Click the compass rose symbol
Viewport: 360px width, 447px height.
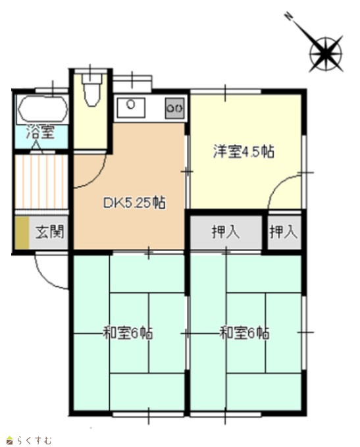[x=326, y=54]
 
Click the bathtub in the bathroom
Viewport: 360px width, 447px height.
[x=43, y=109]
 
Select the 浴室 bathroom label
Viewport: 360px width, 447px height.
[x=40, y=132]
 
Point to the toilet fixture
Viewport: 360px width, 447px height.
[x=91, y=88]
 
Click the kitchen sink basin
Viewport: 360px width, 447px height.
[x=131, y=107]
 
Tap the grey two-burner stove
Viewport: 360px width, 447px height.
[x=175, y=108]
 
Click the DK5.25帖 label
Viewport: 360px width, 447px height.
[x=134, y=203]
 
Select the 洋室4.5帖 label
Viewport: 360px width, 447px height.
[x=244, y=151]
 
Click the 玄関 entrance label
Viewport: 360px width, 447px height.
[x=49, y=232]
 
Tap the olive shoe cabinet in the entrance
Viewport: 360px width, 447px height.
[x=22, y=232]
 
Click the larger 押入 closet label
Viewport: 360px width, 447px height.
[x=226, y=232]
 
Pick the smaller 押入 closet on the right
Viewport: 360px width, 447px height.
[x=284, y=232]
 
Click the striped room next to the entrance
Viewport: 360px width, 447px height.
[x=41, y=182]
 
